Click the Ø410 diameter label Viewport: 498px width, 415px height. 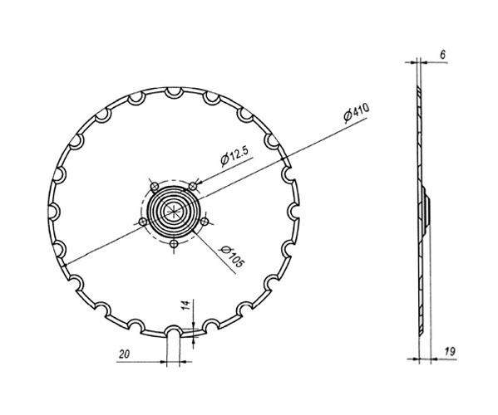(354, 115)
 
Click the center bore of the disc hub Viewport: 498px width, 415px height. (174, 211)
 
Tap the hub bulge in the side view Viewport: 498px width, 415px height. (425, 211)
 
